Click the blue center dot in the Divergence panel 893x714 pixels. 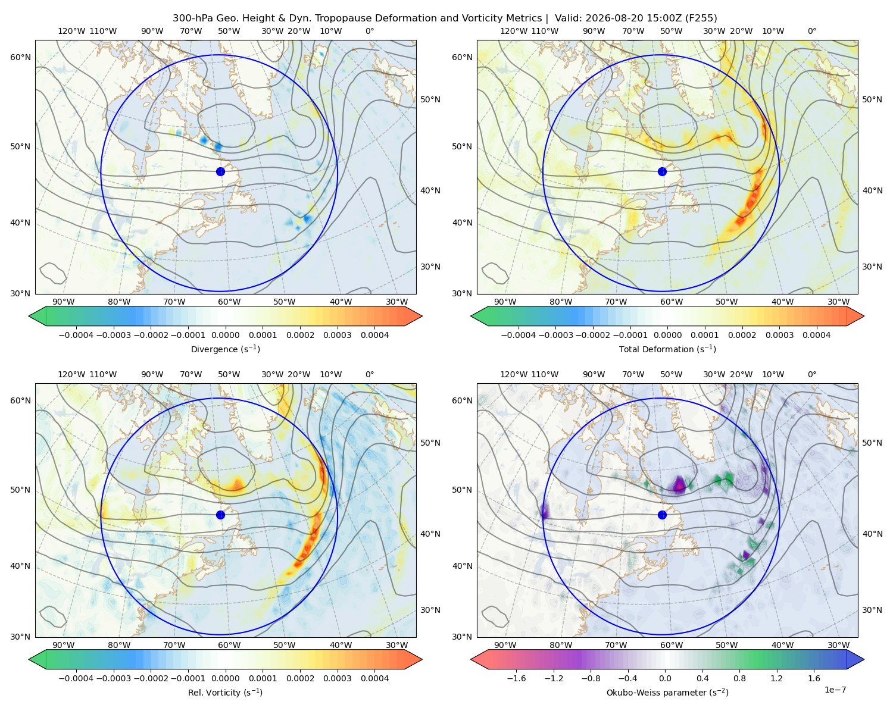220,171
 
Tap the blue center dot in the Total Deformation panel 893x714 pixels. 662,171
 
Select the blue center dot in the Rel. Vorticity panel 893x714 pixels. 220,515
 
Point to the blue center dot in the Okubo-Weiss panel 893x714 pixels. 662,515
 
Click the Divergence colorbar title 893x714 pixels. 225,349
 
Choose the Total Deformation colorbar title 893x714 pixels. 667,349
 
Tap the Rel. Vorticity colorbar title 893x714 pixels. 225,692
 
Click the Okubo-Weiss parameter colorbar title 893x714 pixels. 667,692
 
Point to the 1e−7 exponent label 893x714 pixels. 835,690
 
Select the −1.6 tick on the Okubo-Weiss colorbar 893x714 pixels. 517,678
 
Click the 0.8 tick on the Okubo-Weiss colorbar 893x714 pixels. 739,678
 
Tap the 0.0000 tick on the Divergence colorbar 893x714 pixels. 225,335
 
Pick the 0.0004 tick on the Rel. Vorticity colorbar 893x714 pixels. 374,678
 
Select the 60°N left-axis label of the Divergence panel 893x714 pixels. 20,57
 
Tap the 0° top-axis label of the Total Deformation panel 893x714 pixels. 811,31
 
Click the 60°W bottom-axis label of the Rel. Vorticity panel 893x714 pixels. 229,645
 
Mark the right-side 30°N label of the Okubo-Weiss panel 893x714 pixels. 872,610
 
